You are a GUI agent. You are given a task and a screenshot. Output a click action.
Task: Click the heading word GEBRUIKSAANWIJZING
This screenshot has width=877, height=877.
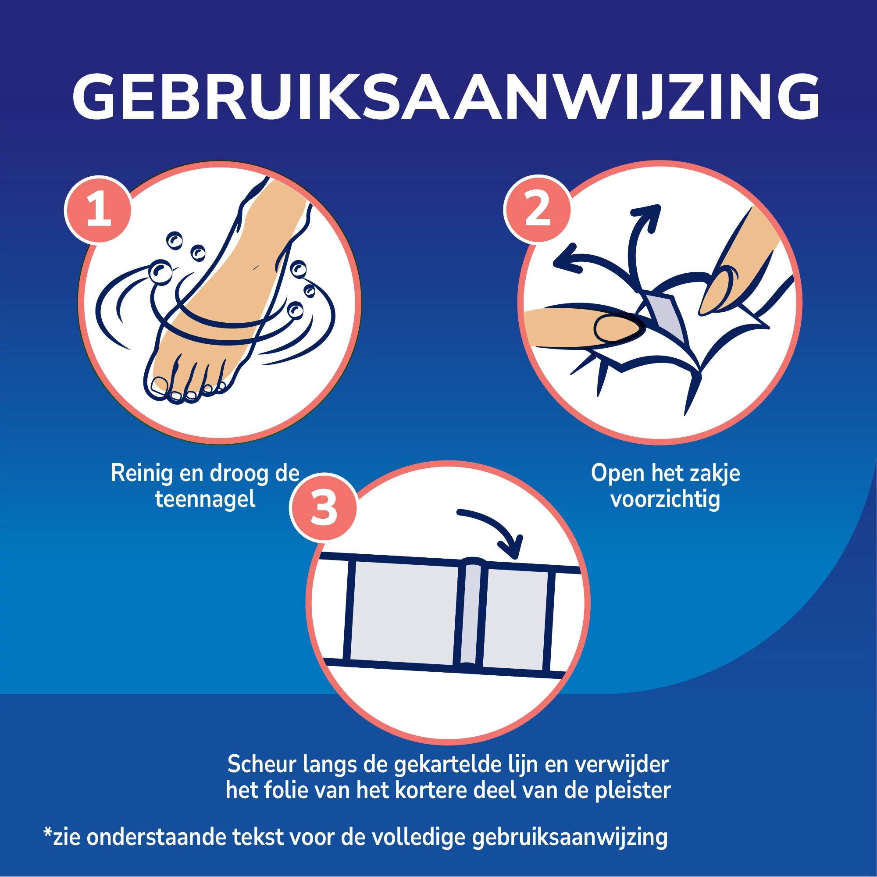coord(445,98)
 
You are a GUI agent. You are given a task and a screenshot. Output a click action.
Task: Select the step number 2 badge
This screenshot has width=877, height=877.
coord(538,209)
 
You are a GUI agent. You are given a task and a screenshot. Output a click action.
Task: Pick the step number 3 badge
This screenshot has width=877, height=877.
coord(323,507)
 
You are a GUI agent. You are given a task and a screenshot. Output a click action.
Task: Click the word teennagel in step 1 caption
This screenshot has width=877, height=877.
coord(205,499)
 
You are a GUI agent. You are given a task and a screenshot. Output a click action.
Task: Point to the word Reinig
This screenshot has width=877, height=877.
coord(142,474)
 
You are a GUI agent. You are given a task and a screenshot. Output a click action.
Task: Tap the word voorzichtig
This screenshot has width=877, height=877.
coord(665,499)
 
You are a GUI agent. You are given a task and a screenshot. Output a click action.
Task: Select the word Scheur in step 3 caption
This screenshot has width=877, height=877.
coord(261,764)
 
